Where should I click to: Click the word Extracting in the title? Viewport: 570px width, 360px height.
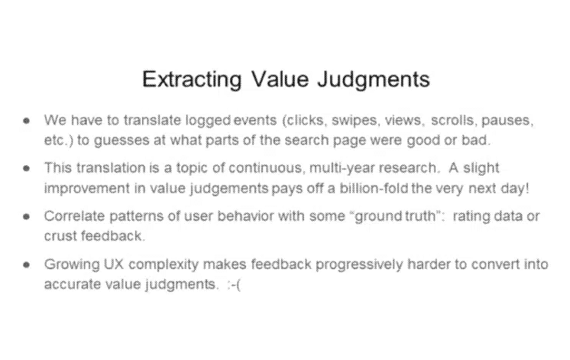(x=192, y=79)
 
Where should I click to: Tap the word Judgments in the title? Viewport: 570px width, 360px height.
(x=374, y=80)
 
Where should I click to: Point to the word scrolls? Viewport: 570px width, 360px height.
(x=454, y=120)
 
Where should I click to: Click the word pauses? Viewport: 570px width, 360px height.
(x=507, y=121)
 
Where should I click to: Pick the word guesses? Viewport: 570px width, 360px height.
(x=121, y=141)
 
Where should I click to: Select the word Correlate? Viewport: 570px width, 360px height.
(x=75, y=216)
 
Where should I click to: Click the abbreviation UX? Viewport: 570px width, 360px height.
(x=114, y=264)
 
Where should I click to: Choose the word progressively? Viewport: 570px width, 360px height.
(x=359, y=264)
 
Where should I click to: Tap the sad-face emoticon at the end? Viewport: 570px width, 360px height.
(x=233, y=284)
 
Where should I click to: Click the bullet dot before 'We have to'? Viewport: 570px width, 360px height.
(x=26, y=121)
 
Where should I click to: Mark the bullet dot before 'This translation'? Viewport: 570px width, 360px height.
(x=26, y=168)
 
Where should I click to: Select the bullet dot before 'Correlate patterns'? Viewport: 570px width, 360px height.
(x=26, y=216)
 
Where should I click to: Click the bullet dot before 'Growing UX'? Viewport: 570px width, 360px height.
(x=26, y=264)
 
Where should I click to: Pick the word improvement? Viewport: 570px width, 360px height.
(x=87, y=189)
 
